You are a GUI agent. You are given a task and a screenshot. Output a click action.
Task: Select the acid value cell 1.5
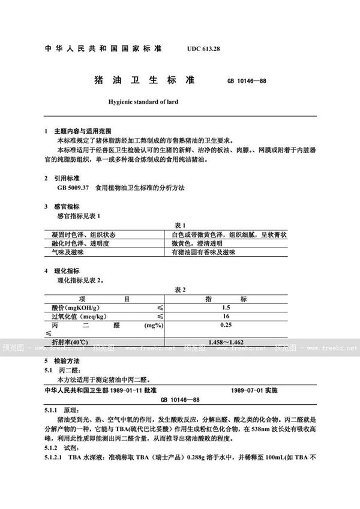(x=226, y=307)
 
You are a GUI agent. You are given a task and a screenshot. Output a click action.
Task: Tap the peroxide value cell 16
(x=226, y=316)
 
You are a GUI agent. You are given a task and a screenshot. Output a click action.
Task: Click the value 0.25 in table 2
(x=226, y=325)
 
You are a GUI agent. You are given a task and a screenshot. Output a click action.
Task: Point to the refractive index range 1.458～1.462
(x=226, y=342)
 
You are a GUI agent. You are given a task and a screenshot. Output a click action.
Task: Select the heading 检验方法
(x=67, y=362)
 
